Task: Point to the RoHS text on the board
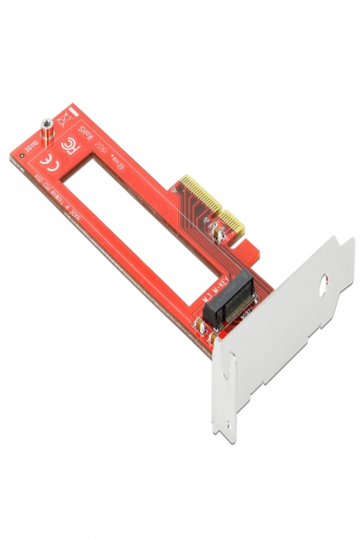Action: pos(85,136)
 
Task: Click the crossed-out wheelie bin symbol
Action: pos(65,118)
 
